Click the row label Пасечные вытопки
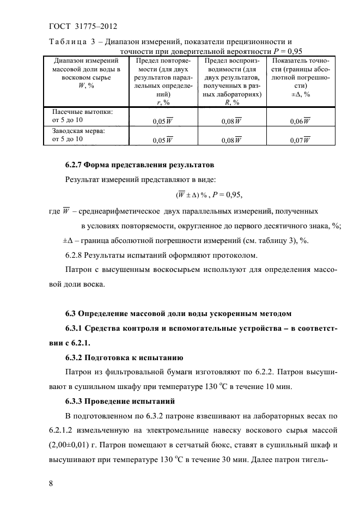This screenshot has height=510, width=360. (78, 112)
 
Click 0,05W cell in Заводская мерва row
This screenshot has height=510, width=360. (163, 140)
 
